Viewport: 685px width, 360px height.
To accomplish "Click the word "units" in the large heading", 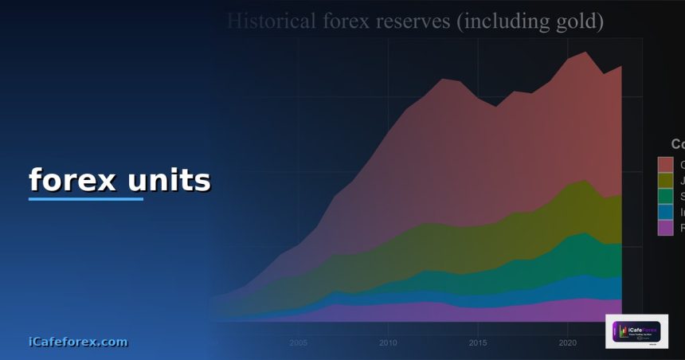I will [169, 180].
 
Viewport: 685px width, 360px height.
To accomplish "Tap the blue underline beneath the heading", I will [86, 198].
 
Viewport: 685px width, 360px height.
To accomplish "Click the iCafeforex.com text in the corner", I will [77, 342].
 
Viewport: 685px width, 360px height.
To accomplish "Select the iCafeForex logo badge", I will [636, 331].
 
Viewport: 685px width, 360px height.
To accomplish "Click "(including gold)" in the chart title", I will [528, 21].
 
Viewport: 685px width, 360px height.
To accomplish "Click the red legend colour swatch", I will [665, 164].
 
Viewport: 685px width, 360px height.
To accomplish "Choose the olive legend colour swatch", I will [665, 180].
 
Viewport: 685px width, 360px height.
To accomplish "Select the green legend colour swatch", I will [665, 196].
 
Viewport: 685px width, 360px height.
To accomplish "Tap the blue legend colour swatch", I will [665, 212].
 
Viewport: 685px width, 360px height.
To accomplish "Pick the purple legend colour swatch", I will [665, 228].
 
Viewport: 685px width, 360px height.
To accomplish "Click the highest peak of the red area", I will [586, 53].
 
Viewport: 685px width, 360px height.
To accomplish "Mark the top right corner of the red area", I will [620, 67].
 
